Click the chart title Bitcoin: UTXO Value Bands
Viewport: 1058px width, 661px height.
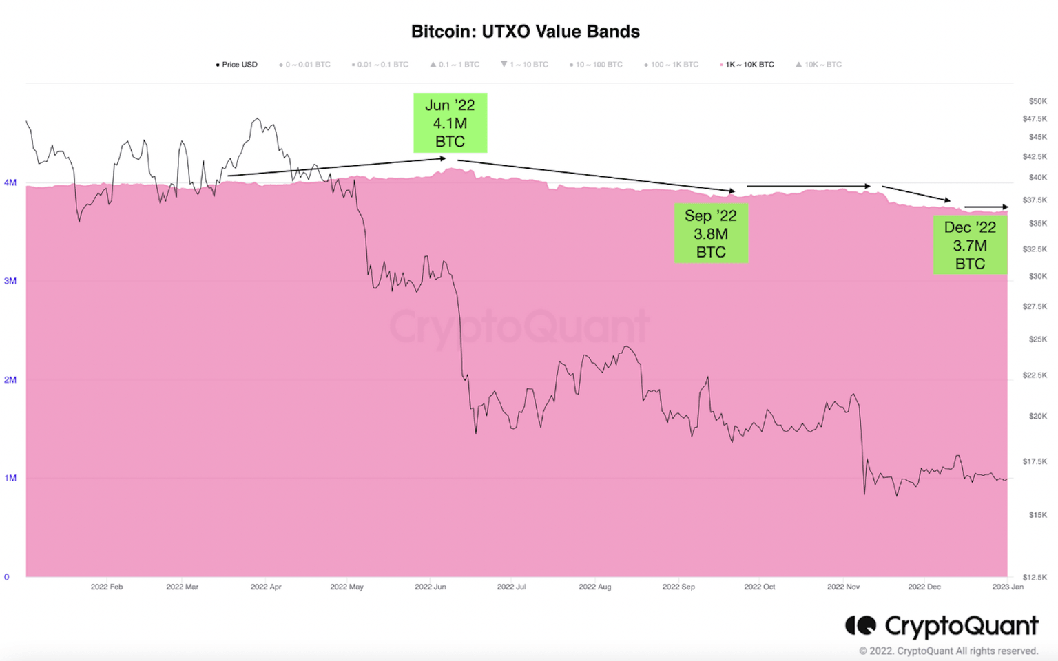tap(525, 32)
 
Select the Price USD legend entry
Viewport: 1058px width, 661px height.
tap(237, 65)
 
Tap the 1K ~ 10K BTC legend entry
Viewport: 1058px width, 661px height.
tap(748, 65)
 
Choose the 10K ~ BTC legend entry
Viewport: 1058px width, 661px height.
tap(819, 65)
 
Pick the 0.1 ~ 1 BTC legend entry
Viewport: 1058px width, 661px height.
tap(455, 65)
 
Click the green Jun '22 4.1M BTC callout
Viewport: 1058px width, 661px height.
tap(450, 123)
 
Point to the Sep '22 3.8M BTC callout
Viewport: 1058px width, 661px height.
tap(711, 234)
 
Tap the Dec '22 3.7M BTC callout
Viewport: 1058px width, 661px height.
tap(970, 246)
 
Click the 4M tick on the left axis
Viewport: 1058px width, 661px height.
tap(10, 182)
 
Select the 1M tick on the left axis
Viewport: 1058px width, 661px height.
tap(10, 478)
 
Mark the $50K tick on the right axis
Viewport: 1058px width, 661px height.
tap(1037, 101)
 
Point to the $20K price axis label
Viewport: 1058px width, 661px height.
tap(1037, 416)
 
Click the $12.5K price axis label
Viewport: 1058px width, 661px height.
tap(1035, 577)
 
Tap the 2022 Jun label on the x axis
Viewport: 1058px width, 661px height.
tap(430, 587)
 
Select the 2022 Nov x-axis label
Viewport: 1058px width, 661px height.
tap(843, 587)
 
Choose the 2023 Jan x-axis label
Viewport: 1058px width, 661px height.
tap(1008, 587)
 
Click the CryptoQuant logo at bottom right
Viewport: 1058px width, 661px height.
tap(942, 626)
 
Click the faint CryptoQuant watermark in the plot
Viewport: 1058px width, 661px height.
tap(519, 326)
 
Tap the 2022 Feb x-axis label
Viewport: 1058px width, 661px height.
tap(107, 587)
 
